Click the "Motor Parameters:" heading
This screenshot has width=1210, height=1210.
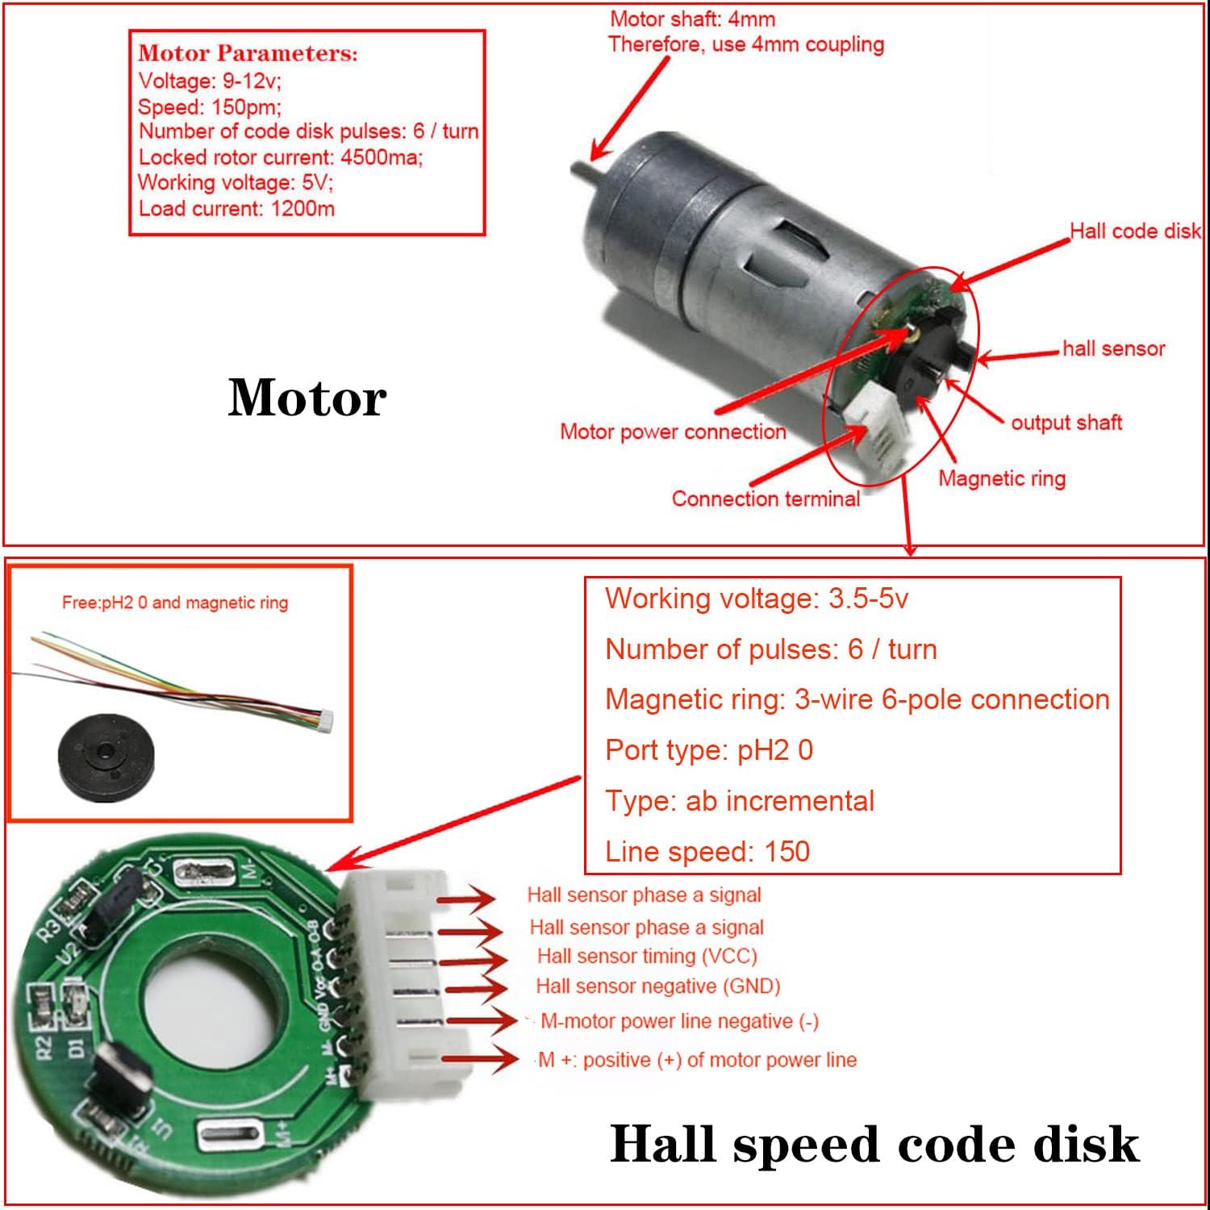pos(248,54)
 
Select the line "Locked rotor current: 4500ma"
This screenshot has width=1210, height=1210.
pos(280,157)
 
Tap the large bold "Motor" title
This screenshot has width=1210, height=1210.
pos(307,398)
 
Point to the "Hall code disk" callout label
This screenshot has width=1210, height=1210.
pos(1135,232)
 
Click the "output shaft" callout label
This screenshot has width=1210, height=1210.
pos(1066,423)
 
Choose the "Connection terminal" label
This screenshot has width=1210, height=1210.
pos(766,499)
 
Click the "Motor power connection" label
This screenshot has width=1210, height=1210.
pos(673,432)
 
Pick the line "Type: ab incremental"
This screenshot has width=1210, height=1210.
pos(740,801)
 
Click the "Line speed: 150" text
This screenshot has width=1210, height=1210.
pos(707,852)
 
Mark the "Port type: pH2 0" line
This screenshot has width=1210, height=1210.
pos(709,750)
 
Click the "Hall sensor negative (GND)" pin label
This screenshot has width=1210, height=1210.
pos(657,986)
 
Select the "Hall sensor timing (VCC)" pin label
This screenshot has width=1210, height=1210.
pos(647,956)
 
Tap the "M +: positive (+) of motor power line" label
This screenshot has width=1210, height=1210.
pos(697,1060)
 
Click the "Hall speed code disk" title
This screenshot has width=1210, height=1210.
pos(874,1145)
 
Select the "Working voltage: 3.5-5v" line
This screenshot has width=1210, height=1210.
pos(757,599)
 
